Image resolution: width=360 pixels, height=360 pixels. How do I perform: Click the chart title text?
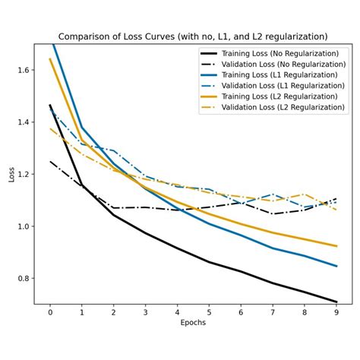tap(193, 36)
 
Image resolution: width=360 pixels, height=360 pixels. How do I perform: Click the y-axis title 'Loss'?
tap(11, 175)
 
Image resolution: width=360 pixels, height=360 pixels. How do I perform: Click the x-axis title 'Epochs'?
tap(193, 322)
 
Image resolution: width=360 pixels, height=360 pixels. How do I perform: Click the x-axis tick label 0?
tap(50, 311)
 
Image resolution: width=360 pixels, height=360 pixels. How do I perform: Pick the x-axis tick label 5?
tap(209, 311)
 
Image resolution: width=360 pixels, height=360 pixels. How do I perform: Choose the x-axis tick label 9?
tap(336, 311)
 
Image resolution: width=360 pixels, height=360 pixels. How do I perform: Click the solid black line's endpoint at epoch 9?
tap(336, 302)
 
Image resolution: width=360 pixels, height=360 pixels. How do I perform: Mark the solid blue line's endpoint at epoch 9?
tap(336, 266)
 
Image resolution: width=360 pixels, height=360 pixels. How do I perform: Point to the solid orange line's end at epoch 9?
tap(336, 246)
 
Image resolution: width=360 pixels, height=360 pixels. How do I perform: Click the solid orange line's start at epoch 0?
tap(50, 59)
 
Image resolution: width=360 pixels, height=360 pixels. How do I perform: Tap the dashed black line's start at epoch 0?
tap(50, 161)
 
